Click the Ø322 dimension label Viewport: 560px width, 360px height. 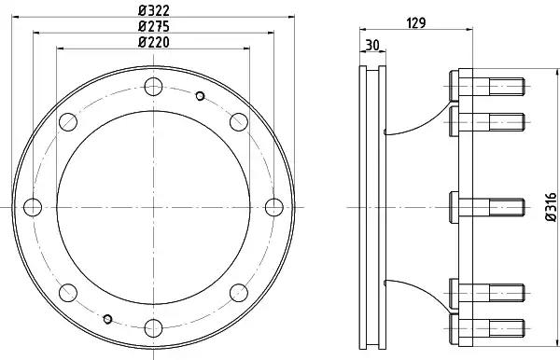pos(154,10)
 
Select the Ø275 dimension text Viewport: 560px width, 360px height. pos(154,26)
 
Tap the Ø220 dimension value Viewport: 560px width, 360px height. pos(154,42)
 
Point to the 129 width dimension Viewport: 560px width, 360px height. pos(416,22)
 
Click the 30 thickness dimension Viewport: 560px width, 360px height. pos(372,46)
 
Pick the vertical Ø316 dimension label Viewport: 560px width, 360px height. pos(552,207)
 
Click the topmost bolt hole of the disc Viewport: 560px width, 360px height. pos(154,87)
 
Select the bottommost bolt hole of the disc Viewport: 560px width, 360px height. pos(154,328)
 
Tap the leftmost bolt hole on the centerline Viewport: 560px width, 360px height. pos(33,207)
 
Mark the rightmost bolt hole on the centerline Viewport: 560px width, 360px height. pos(274,207)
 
